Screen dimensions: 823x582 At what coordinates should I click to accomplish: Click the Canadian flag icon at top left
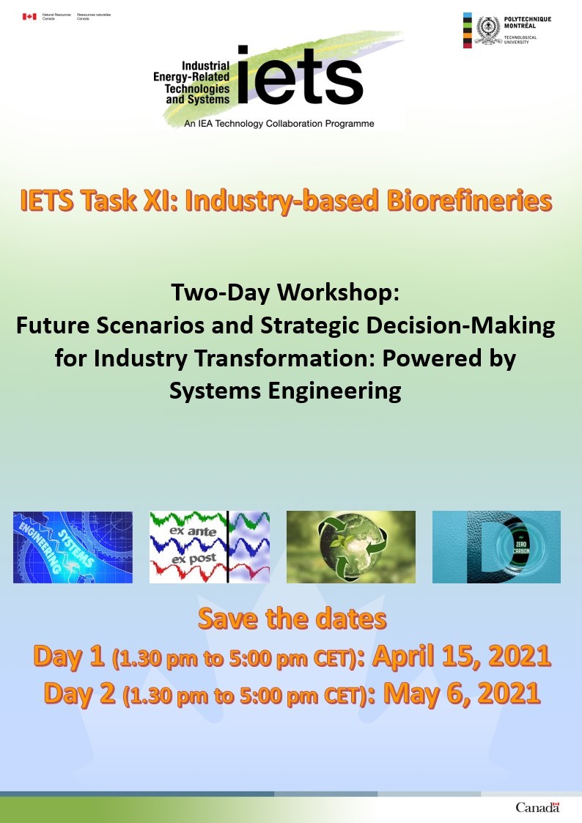point(29,16)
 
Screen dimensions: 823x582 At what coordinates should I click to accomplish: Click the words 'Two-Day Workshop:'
point(284,292)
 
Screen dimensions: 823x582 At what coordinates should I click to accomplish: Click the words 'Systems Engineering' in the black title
point(284,391)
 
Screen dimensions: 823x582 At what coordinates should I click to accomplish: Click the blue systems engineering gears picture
point(73,547)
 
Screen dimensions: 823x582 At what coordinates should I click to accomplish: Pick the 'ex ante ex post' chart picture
point(210,547)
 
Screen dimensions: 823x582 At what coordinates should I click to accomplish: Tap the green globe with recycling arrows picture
point(350,547)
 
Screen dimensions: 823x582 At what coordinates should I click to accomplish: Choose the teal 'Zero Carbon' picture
point(496,547)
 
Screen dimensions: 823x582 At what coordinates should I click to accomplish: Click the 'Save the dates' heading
point(292,619)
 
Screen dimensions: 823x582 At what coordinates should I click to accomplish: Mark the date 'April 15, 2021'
point(462,656)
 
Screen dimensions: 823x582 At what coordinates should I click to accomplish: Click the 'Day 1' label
point(69,657)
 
